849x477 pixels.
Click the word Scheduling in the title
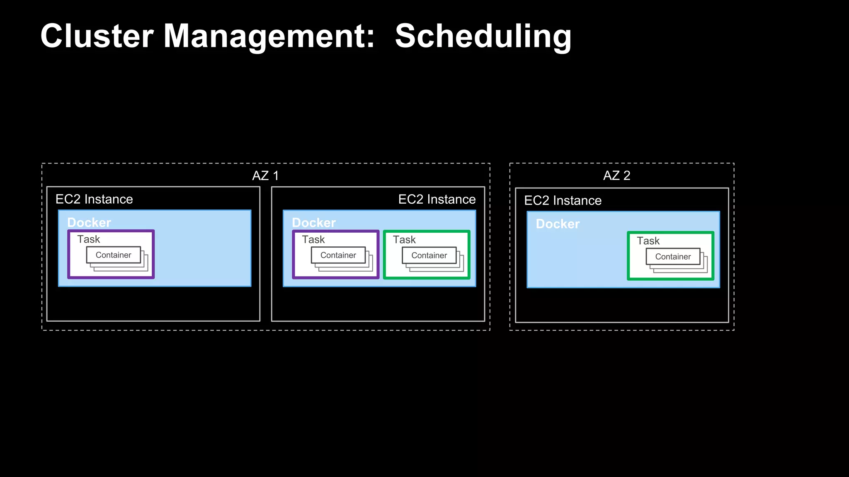483,36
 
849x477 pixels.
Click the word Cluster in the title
97,36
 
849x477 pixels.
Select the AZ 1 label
265,176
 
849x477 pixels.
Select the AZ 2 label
616,176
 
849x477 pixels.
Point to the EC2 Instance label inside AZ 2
563,200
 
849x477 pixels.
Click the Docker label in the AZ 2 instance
558,224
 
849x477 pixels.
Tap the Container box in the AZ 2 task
673,257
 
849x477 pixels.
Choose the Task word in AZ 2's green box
648,241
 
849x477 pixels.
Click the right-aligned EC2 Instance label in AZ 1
437,199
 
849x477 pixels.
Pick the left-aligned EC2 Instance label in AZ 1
94,199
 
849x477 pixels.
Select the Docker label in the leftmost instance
89,223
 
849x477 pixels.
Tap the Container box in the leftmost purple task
114,255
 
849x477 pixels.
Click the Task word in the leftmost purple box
89,239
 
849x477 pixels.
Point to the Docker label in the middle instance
314,223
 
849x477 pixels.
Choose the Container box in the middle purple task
338,255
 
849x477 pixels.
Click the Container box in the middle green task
429,255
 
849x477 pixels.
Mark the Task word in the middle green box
404,240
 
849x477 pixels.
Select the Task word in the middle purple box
313,240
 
